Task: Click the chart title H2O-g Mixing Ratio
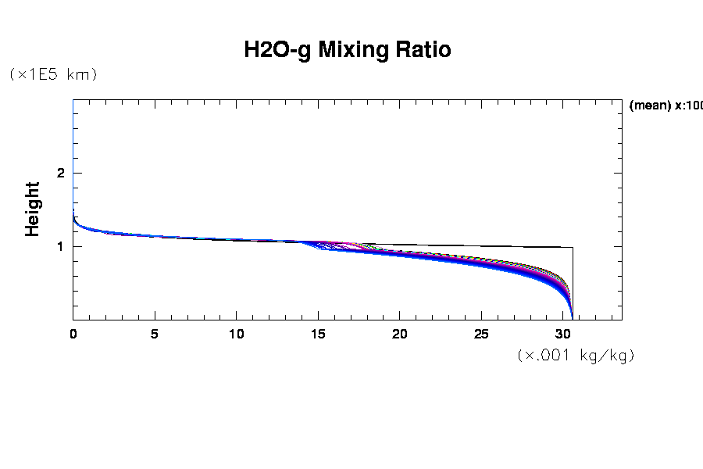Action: point(348,50)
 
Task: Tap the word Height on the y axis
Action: point(32,209)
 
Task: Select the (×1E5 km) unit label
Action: point(52,74)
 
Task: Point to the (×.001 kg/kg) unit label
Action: point(576,355)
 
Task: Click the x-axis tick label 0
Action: point(73,334)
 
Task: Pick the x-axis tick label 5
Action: point(155,334)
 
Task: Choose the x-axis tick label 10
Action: point(237,334)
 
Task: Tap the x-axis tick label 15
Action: point(318,334)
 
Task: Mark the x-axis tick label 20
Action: point(400,334)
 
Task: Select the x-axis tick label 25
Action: point(481,334)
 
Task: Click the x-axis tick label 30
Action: point(563,334)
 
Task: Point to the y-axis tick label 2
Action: point(59,173)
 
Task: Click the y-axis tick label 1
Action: point(59,246)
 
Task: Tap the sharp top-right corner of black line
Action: point(573,247)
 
